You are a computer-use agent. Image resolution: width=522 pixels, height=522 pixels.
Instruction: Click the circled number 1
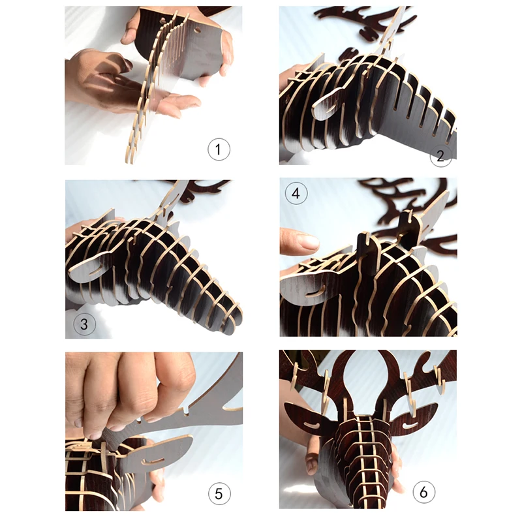[219, 149]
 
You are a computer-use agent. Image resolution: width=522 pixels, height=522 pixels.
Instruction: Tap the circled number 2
[440, 155]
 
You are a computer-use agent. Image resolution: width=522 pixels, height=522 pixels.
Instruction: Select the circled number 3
[84, 324]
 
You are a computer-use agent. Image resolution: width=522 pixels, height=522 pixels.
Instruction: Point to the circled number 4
[296, 193]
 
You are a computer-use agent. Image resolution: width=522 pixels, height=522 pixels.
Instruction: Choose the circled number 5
[219, 493]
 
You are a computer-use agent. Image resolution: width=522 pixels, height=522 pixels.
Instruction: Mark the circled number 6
[423, 492]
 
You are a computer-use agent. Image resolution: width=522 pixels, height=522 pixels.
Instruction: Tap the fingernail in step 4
[308, 241]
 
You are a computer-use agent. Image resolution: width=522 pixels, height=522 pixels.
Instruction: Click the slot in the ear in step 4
[315, 292]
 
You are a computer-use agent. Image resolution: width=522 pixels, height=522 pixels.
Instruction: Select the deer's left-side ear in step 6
[311, 418]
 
